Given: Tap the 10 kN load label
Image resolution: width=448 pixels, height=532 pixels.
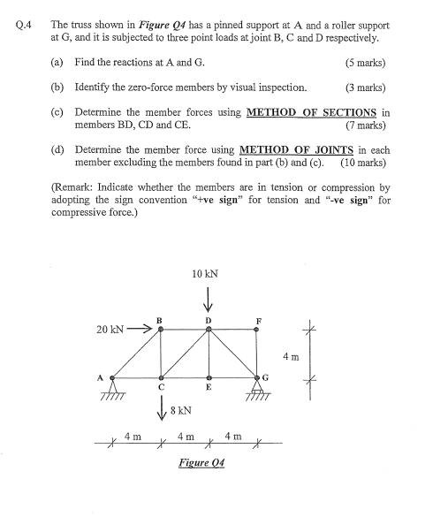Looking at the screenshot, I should [205, 275].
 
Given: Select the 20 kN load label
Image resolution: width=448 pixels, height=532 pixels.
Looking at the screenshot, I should [110, 330].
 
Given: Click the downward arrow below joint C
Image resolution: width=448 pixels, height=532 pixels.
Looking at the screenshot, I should [161, 408].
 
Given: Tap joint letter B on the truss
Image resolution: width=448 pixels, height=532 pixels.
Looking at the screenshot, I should [159, 319].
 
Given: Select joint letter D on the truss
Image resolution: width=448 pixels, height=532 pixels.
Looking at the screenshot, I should [209, 320].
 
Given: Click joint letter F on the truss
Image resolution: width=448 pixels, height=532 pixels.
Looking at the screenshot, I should [257, 319].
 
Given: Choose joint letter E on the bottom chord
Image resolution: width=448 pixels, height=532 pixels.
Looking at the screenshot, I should [209, 387].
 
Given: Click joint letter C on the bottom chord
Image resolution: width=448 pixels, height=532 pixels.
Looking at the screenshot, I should [160, 387].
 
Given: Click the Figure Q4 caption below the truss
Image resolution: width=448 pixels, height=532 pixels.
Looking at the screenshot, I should [201, 462].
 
